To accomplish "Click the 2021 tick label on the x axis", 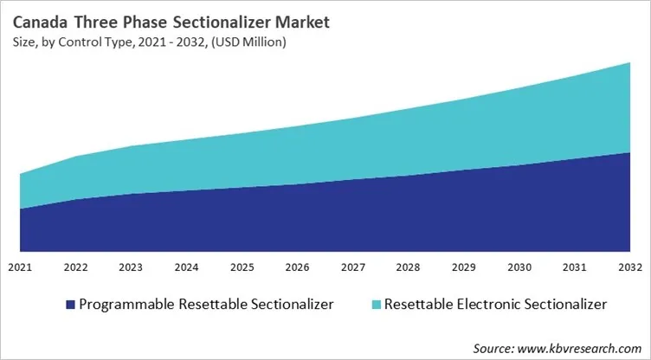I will point(20,267).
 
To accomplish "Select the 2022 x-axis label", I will point(75,267).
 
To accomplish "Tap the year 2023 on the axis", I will point(131,267).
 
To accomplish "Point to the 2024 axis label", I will point(186,267).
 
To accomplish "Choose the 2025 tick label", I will point(242,267).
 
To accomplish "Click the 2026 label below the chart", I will point(297,267).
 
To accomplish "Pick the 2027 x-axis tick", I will point(352,267).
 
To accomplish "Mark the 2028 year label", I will point(408,267).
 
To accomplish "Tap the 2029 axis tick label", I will point(463,267).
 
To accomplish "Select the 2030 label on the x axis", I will point(519,267).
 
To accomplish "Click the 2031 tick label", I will point(574,267).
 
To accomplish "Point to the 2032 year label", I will point(628,267).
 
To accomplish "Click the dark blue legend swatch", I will point(68,305).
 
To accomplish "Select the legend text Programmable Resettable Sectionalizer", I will point(206,305).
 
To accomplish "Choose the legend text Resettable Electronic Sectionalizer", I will point(495,305).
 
